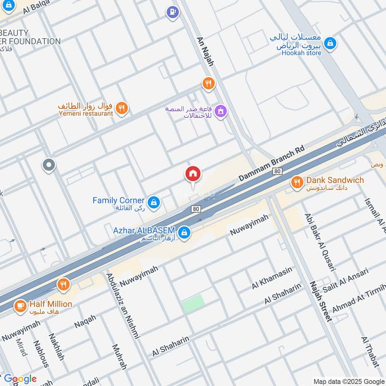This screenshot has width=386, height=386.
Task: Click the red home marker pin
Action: click(x=193, y=174)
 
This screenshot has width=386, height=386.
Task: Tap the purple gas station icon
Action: click(x=172, y=13)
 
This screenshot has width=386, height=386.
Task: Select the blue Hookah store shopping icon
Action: click(x=330, y=43)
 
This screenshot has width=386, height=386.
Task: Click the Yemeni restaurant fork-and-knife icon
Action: click(x=123, y=109)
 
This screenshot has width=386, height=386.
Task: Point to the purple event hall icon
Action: click(x=221, y=111)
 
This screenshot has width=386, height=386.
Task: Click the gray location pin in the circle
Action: click(x=49, y=166)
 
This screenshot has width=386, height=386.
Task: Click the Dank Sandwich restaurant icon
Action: click(x=297, y=182)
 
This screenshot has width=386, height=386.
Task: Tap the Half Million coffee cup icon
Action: click(x=20, y=306)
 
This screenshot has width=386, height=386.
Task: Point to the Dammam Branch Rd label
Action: click(x=272, y=164)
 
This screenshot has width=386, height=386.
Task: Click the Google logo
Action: click(x=20, y=379)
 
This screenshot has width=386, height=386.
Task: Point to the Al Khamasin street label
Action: click(x=272, y=279)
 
